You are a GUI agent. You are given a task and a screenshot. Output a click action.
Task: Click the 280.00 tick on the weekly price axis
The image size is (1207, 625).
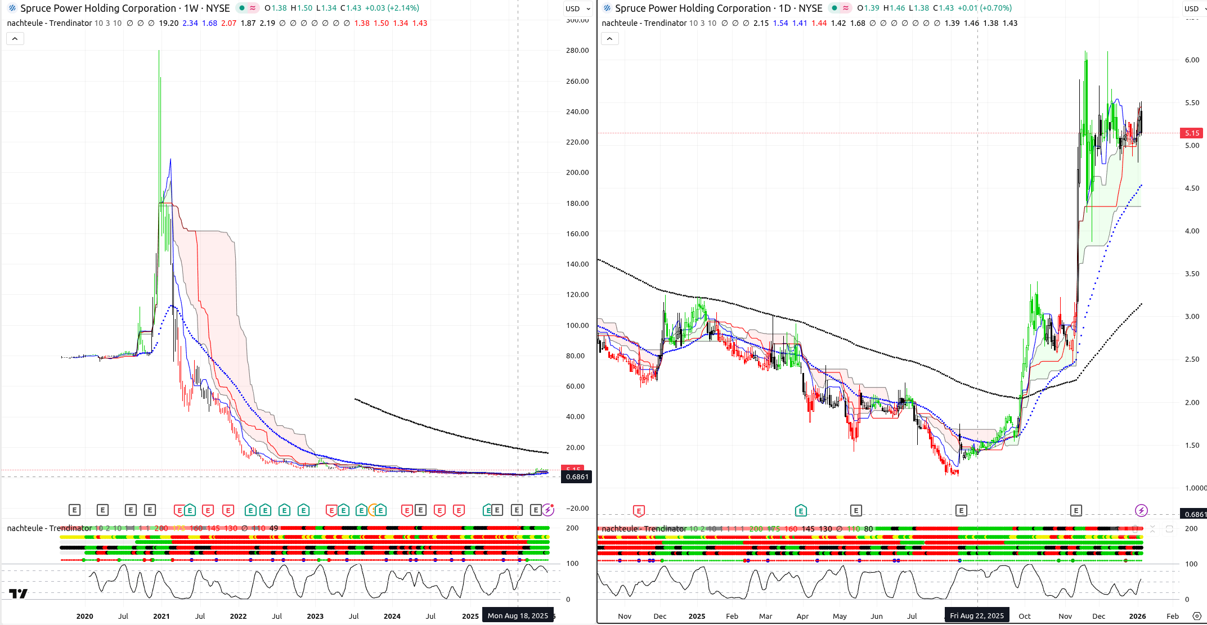[577, 51]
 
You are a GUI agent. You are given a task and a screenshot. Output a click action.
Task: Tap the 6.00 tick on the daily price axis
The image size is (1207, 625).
[1192, 60]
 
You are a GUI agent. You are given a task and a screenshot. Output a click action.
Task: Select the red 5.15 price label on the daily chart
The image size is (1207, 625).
[1192, 133]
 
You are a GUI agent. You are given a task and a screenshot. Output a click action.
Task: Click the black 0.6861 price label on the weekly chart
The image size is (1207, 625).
[577, 477]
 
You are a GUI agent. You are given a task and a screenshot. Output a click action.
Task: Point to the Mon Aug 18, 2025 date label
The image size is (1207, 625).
[518, 616]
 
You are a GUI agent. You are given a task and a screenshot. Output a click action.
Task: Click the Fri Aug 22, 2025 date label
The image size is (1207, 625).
[977, 616]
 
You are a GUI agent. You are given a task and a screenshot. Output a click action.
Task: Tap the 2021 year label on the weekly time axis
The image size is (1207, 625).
[161, 617]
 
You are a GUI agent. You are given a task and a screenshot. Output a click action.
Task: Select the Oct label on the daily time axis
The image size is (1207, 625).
[1025, 617]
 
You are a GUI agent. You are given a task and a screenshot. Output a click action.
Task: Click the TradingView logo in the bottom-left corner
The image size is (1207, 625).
[18, 593]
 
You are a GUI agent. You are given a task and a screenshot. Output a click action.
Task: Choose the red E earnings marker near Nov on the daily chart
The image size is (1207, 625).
[639, 511]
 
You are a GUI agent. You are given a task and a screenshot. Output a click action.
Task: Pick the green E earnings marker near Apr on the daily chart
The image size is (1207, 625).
[801, 511]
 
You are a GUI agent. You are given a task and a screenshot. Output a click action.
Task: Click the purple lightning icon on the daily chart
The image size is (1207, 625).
[1141, 511]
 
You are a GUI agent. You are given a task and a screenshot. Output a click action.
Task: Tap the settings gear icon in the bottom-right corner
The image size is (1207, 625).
[1197, 617]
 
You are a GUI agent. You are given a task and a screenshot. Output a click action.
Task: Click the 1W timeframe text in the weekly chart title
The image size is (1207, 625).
[191, 8]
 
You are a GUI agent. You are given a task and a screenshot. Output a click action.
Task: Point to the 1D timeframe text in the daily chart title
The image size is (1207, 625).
[785, 8]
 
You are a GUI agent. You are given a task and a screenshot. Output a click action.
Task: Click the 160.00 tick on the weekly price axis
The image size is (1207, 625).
[577, 234]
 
